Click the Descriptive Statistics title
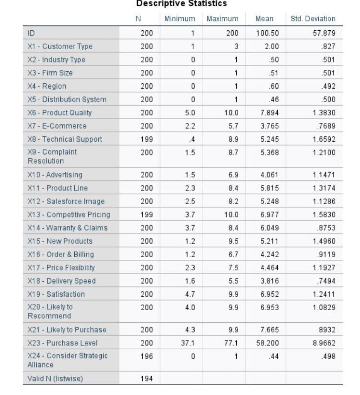pos(181,4)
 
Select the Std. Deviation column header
pos(313,19)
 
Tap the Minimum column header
pos(180,19)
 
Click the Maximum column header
pos(222,19)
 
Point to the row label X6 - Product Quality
pos(60,113)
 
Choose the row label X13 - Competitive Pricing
pos(69,215)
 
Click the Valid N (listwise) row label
pos(55,378)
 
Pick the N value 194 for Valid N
pos(146,379)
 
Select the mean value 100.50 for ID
pos(267,33)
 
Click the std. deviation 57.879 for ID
pos(324,33)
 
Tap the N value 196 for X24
pos(146,356)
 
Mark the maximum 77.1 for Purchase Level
pos(231,343)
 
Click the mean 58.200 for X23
pos(267,343)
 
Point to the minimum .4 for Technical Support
pos(192,139)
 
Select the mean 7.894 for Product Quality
pos(269,113)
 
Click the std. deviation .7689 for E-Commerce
pos(327,126)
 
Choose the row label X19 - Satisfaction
pos(56,294)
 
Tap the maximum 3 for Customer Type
pos(236,46)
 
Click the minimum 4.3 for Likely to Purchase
pos(190,330)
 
